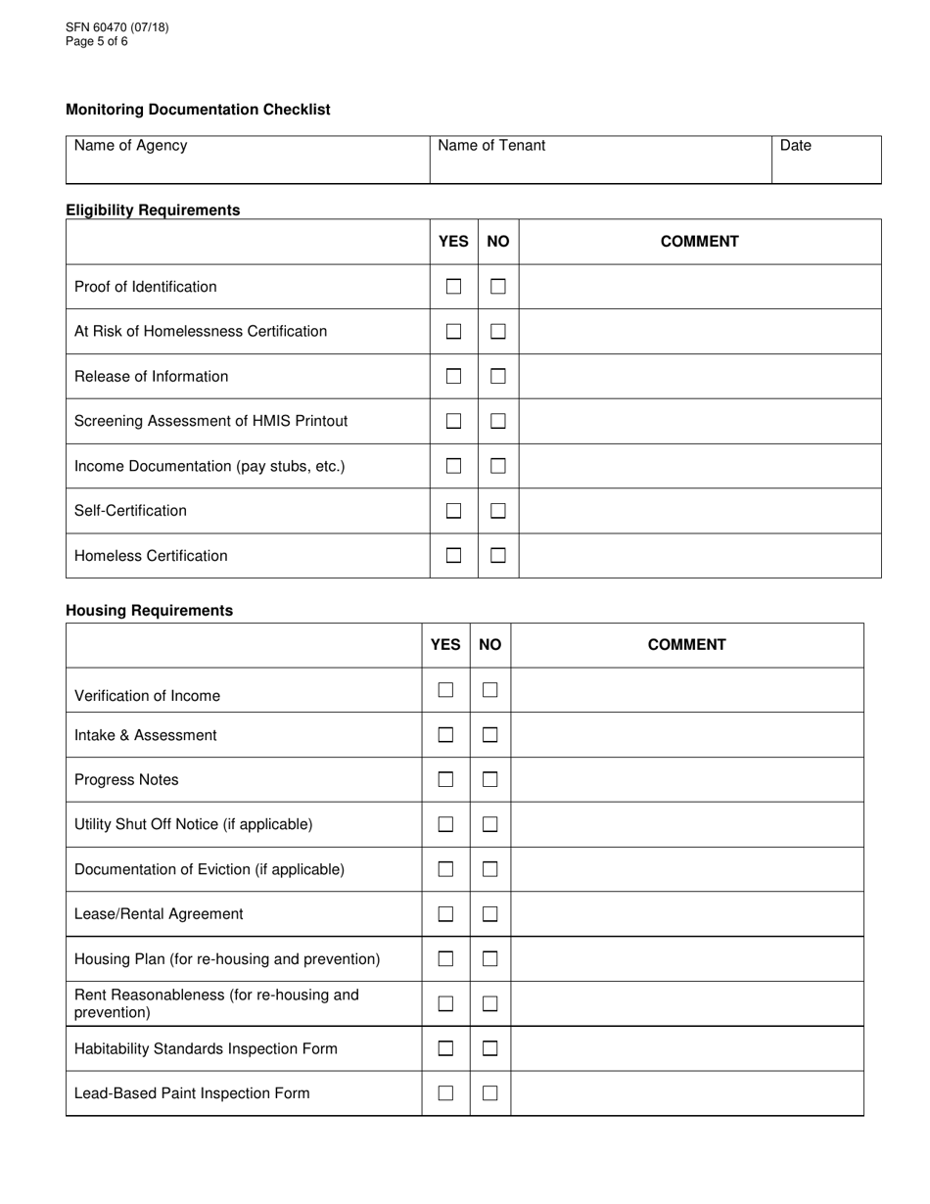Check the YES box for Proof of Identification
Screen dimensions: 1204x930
[453, 287]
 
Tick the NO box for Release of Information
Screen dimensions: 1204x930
[498, 376]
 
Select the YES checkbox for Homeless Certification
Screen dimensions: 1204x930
[453, 555]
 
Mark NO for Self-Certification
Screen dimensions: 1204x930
[498, 510]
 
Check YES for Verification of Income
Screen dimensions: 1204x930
[445, 690]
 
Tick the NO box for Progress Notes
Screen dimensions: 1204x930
[490, 780]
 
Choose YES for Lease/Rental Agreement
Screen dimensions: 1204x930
[445, 914]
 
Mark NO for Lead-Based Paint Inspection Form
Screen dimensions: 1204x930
[490, 1093]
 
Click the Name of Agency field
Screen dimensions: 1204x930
[248, 161]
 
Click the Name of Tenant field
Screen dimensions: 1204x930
[600, 161]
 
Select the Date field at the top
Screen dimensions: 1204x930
[826, 161]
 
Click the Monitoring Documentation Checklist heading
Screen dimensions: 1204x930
[198, 110]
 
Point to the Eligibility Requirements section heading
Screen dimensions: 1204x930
[153, 209]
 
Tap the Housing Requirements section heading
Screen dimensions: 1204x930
[149, 610]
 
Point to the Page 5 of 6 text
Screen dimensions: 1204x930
[97, 41]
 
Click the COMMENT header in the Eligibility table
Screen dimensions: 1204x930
[699, 242]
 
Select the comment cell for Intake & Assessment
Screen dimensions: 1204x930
[686, 735]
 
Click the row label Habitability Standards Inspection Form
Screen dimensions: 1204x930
[206, 1048]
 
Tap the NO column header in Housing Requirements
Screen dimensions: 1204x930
[490, 644]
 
